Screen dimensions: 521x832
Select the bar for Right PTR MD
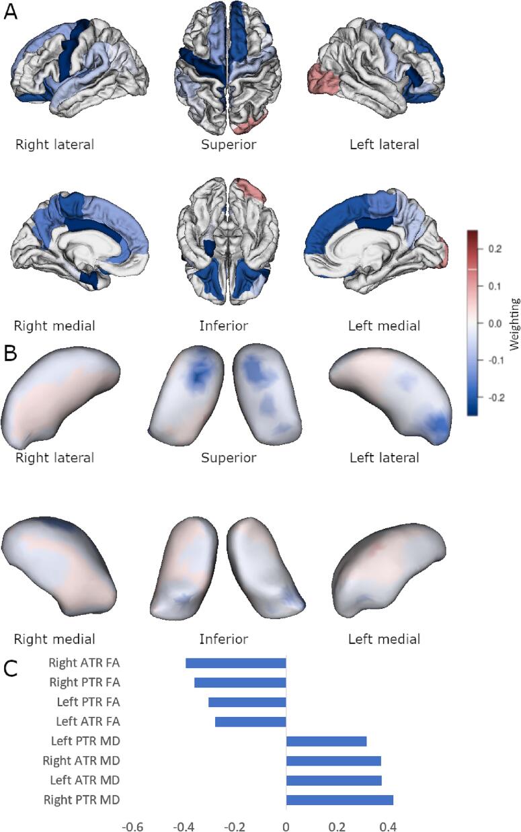[339, 800]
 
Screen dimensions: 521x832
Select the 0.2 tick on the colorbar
[494, 249]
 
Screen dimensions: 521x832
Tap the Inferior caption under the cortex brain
[223, 326]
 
